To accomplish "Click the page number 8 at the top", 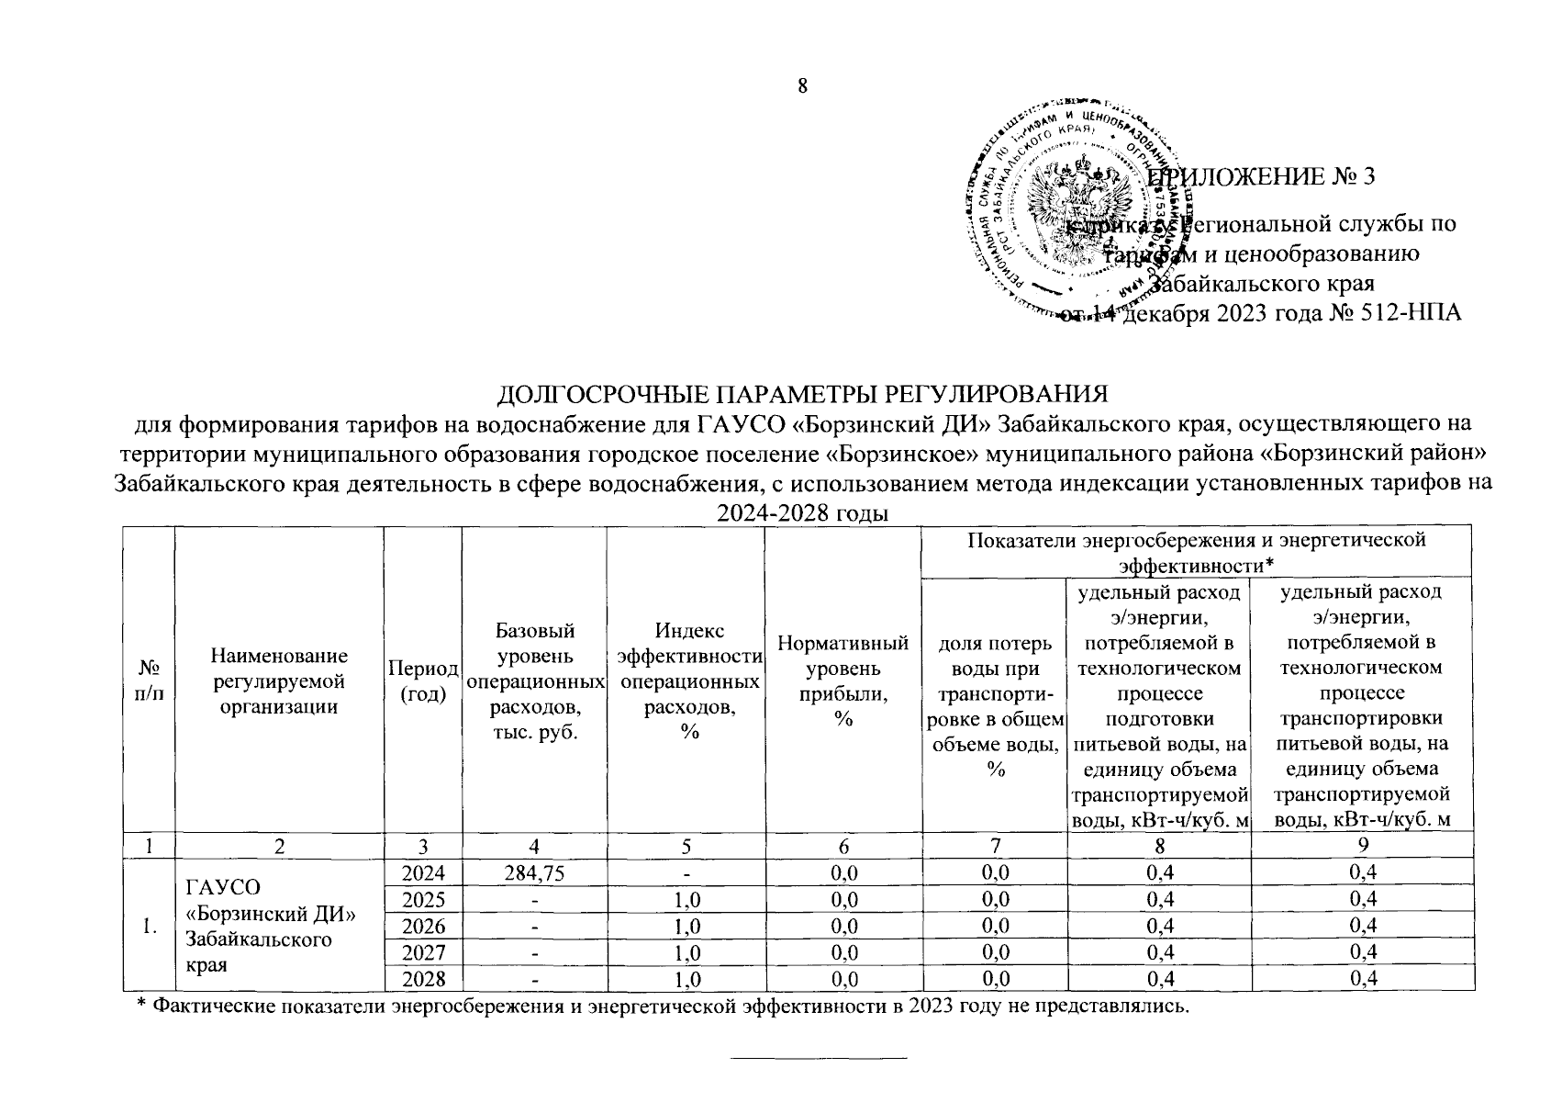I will (x=802, y=86).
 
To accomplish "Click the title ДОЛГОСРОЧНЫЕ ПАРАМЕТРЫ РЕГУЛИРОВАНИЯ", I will (x=802, y=394).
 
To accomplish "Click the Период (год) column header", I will (x=423, y=680).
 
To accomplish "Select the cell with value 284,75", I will (x=533, y=871).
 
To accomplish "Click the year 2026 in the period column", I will (x=423, y=924).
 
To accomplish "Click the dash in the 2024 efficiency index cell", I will (x=686, y=871).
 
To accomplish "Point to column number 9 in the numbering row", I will (x=1362, y=844).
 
